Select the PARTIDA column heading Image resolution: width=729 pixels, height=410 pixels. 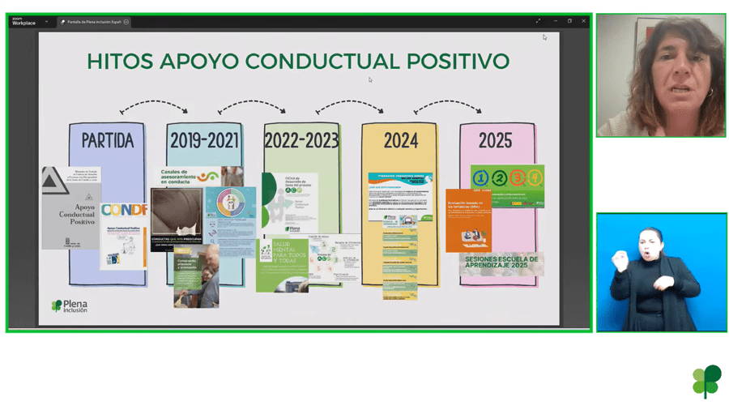point(107,141)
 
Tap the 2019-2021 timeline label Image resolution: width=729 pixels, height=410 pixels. point(204,141)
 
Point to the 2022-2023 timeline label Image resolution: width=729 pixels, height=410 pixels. point(301,141)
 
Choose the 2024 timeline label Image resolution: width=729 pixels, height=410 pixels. point(400,141)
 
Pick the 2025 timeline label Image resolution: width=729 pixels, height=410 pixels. point(495,141)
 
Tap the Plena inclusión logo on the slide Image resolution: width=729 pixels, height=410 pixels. point(70,306)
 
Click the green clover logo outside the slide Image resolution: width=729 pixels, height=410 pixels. point(706,381)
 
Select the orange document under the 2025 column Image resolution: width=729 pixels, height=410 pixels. point(468,220)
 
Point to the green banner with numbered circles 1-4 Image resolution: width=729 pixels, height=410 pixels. point(507,186)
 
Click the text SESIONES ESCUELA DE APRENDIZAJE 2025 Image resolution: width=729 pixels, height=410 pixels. point(501,263)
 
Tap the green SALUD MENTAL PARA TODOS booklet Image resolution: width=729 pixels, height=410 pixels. point(282,264)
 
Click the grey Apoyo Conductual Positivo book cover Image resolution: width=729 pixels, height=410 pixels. point(71,208)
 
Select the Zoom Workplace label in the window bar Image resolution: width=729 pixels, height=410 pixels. point(23,21)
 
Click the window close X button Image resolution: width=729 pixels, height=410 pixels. point(583,21)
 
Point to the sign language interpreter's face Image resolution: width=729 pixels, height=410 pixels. point(652,243)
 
